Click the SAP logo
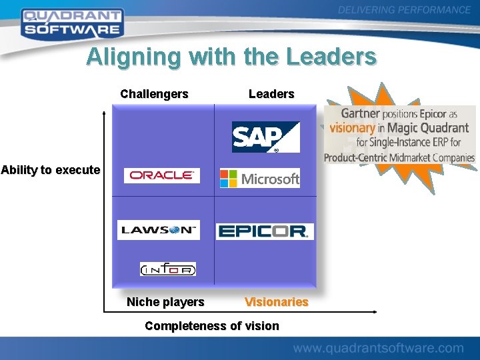(265, 137)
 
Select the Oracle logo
(161, 175)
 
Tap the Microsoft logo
(260, 178)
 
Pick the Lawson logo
(159, 229)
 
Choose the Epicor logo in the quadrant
(264, 231)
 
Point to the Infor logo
(168, 269)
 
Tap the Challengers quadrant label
(154, 94)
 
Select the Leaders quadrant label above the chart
(271, 94)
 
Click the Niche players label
(165, 302)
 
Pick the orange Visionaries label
(276, 302)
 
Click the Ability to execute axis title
(51, 170)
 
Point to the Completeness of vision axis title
(212, 326)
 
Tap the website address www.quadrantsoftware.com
(378, 348)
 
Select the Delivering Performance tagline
(404, 10)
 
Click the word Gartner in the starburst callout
(361, 114)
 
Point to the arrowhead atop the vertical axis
(104, 114)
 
